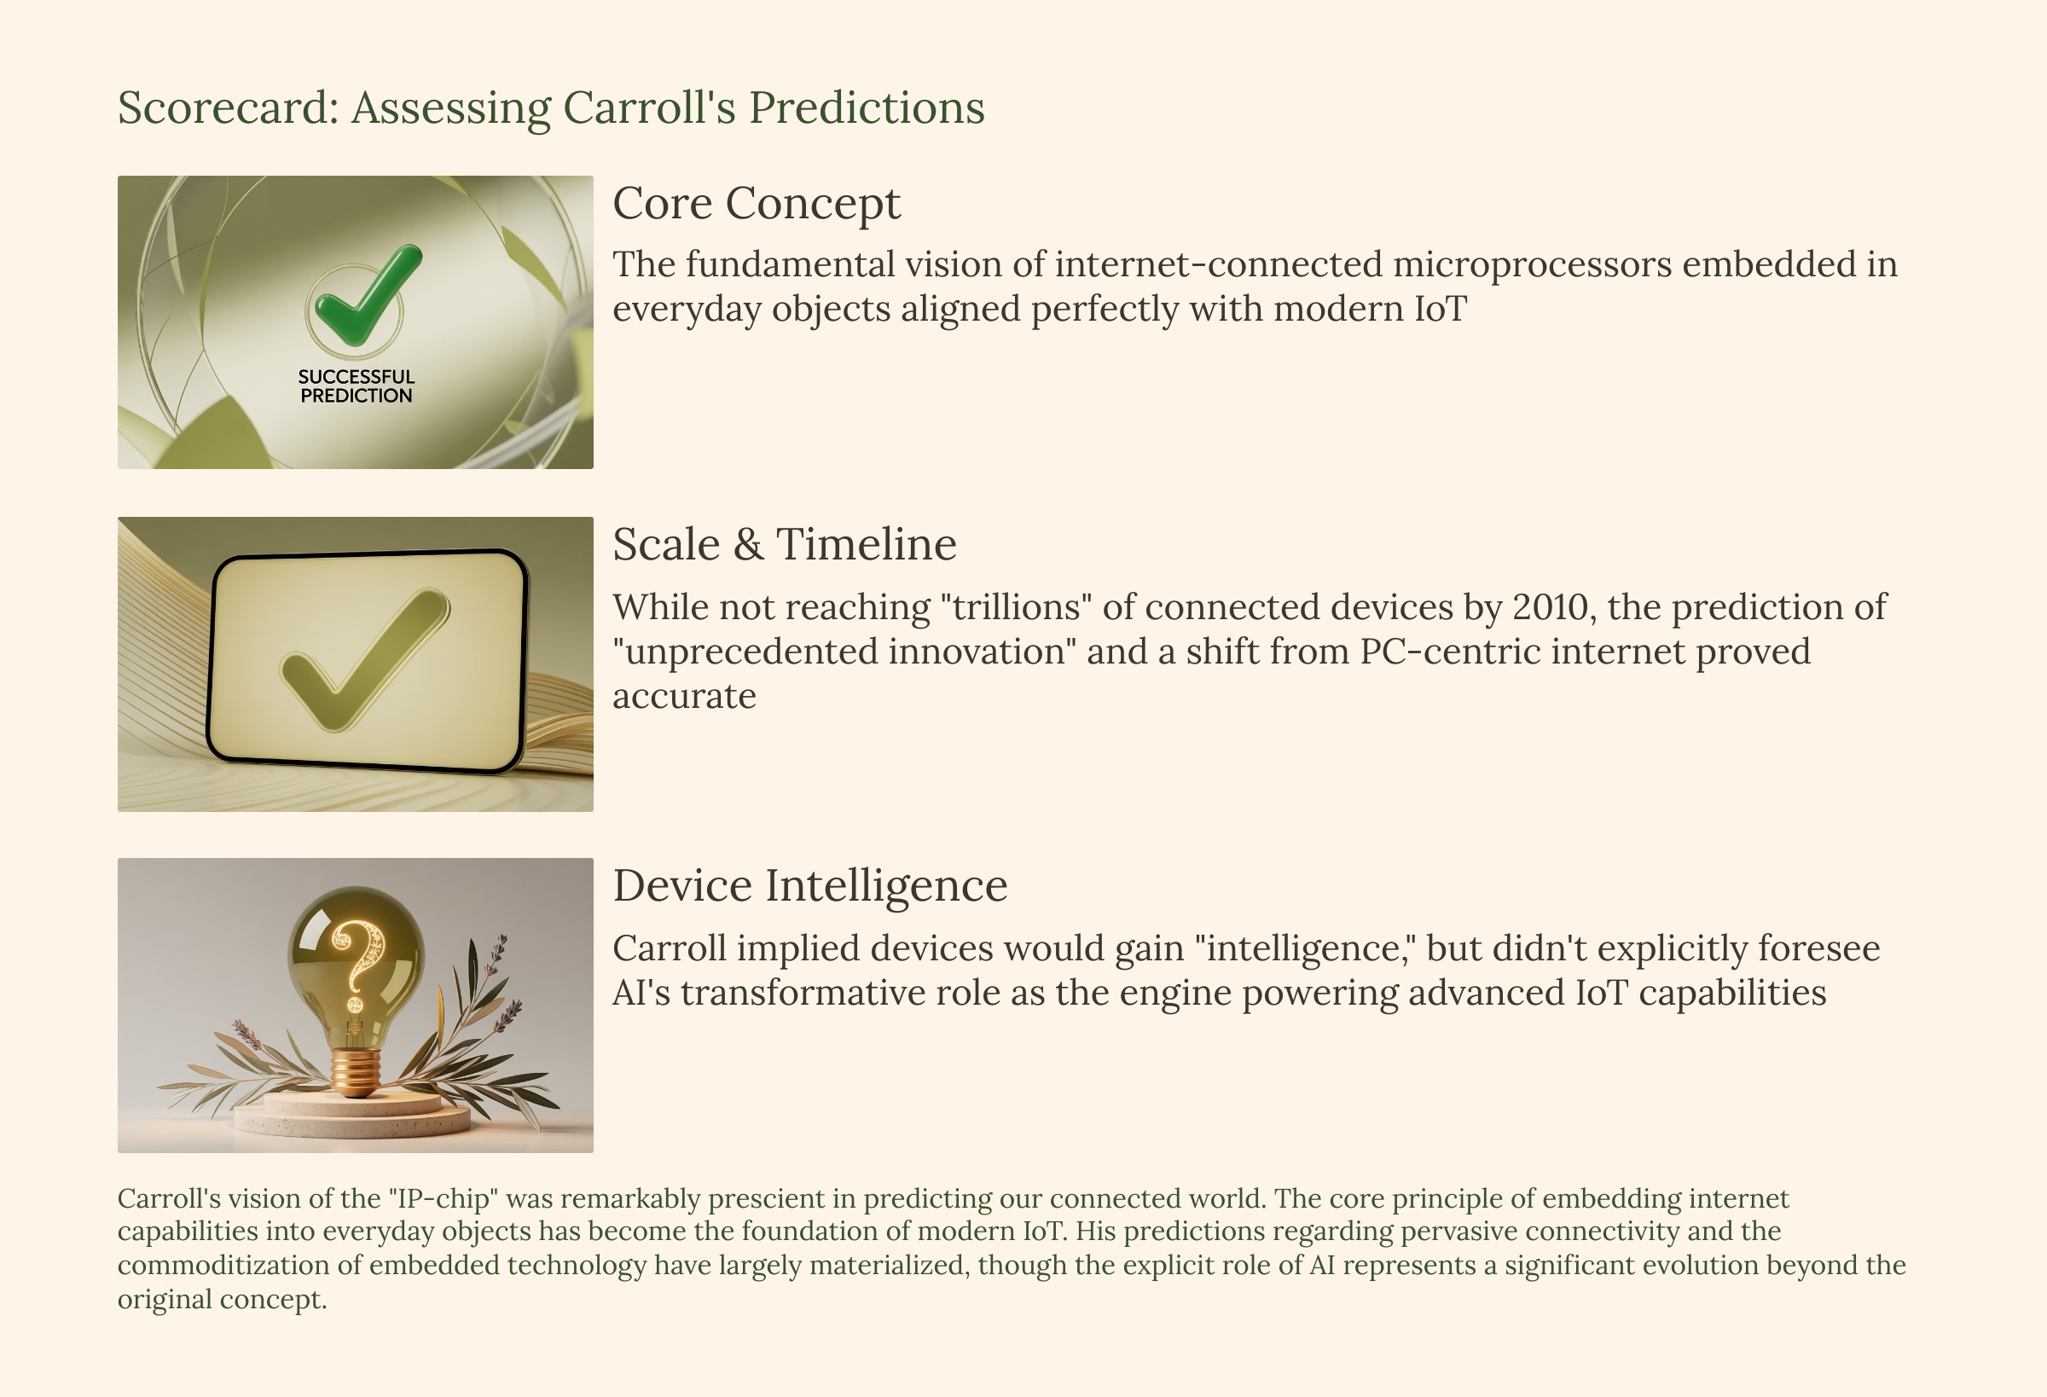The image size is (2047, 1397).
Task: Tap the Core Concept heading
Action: coord(757,205)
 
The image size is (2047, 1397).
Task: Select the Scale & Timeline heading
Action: coord(785,544)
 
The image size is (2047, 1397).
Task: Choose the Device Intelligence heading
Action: coord(810,886)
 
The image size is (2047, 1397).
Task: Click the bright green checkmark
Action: coord(366,294)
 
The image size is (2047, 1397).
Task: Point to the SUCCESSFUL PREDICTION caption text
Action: coord(356,386)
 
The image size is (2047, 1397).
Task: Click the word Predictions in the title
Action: coord(867,108)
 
